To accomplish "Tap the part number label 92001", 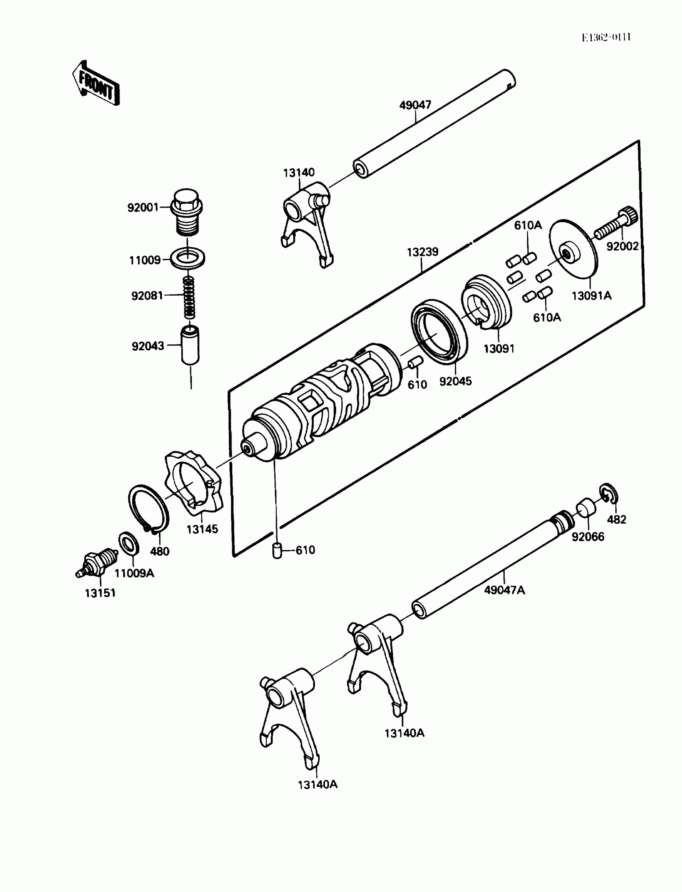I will coord(143,207).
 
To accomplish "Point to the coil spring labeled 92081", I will coord(189,297).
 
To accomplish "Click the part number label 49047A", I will coord(504,590).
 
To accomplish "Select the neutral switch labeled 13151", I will coord(97,562).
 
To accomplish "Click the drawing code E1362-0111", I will coord(606,38).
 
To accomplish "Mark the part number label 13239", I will coord(422,252).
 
